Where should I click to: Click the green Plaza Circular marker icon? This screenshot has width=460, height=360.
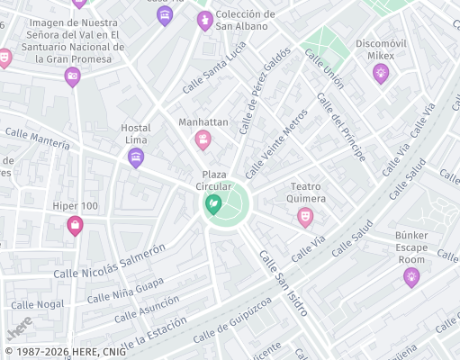pyautogui.click(x=213, y=205)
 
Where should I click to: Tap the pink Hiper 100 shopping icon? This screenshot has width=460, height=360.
pyautogui.click(x=75, y=226)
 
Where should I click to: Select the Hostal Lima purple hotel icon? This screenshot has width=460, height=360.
pyautogui.click(x=136, y=158)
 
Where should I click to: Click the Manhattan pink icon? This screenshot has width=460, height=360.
pyautogui.click(x=203, y=139)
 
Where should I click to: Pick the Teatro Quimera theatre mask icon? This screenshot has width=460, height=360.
pyautogui.click(x=305, y=217)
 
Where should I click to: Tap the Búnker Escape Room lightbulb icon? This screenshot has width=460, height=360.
pyautogui.click(x=411, y=277)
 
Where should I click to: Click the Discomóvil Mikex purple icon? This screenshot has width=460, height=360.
pyautogui.click(x=381, y=73)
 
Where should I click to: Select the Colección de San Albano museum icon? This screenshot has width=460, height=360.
pyautogui.click(x=204, y=20)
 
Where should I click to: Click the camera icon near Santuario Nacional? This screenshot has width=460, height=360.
pyautogui.click(x=72, y=76)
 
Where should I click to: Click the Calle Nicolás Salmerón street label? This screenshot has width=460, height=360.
pyautogui.click(x=110, y=261)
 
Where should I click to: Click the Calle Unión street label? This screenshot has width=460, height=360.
pyautogui.click(x=324, y=68)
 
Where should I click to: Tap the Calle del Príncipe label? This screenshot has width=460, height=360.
pyautogui.click(x=348, y=131)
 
